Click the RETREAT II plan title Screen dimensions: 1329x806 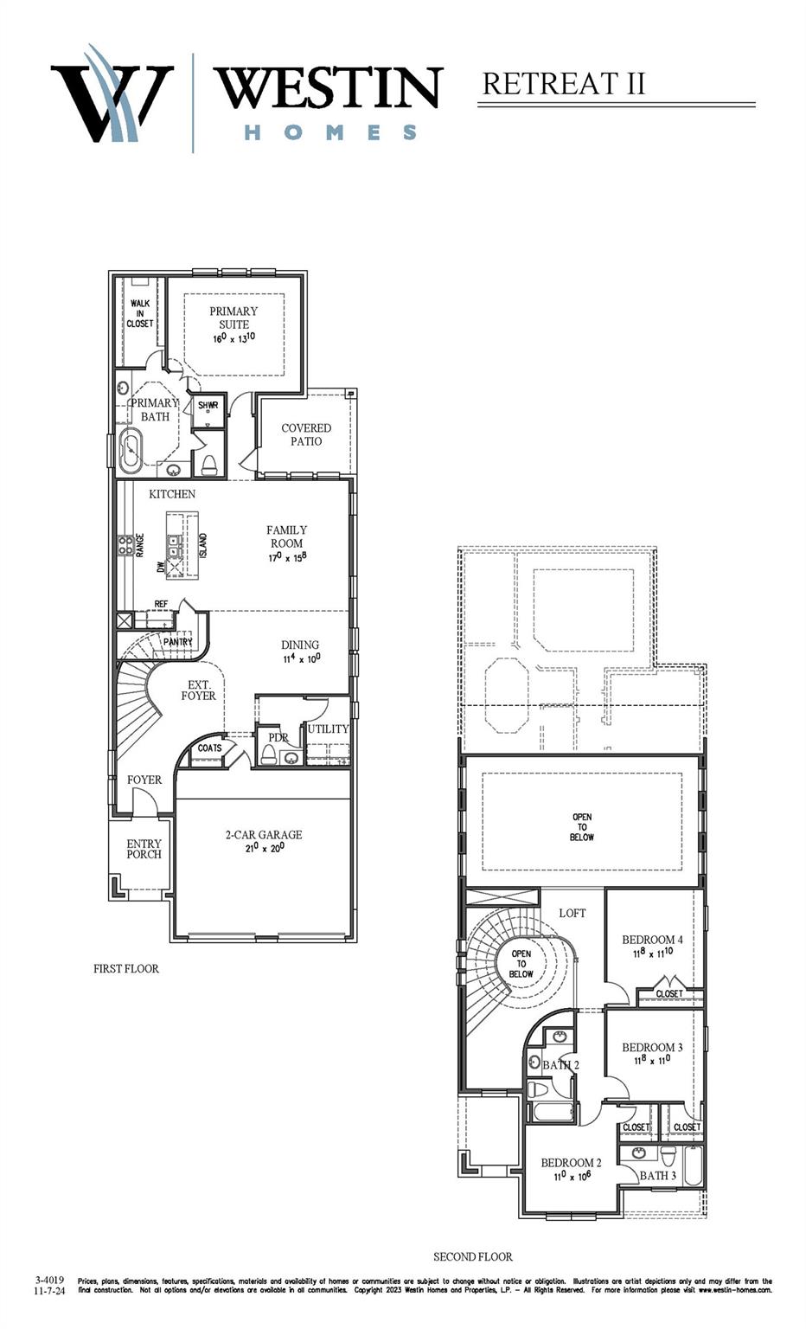click(x=563, y=84)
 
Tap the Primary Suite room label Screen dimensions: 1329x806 click(x=233, y=318)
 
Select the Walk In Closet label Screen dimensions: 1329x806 click(x=140, y=313)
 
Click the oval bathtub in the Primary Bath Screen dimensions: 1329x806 click(x=131, y=450)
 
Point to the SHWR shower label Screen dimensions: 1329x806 click(x=208, y=406)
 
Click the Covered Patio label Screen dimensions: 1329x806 click(x=306, y=434)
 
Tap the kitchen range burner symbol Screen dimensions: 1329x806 click(x=125, y=545)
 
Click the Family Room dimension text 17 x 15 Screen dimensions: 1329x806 click(x=287, y=558)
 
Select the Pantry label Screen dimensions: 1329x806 click(x=178, y=642)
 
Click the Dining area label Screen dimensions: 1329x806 click(x=300, y=645)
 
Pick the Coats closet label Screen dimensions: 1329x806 click(x=209, y=748)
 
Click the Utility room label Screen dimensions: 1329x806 click(x=328, y=729)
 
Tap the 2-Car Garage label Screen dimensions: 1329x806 click(x=264, y=835)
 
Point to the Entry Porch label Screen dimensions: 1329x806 click(x=144, y=849)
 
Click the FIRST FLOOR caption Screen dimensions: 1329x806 click(x=126, y=968)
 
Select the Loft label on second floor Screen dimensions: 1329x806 click(x=572, y=913)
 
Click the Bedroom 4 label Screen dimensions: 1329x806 click(x=652, y=940)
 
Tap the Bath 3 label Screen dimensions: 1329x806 click(x=658, y=1175)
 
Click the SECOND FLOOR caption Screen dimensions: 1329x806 click(x=473, y=1256)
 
